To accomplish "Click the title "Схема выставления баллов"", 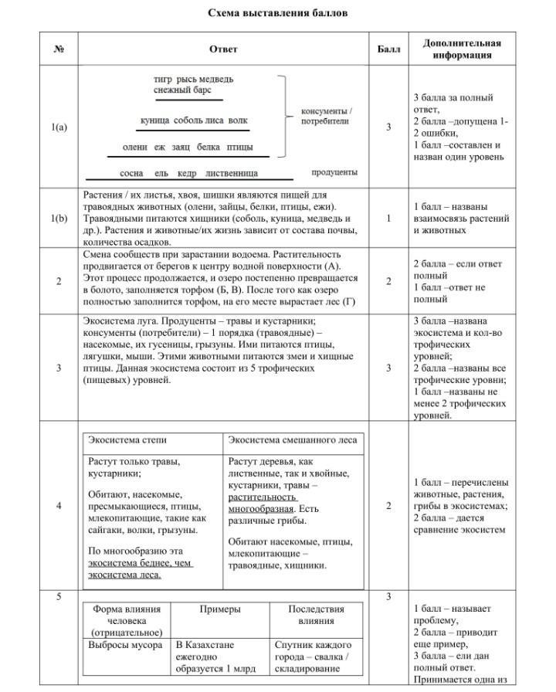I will (277, 13).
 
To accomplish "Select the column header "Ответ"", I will (223, 49).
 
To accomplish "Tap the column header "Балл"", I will (388, 49).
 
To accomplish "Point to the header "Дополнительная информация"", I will (462, 49).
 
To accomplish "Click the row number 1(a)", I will (59, 127).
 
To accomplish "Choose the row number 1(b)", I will (59, 219).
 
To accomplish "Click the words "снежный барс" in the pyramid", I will (177, 90).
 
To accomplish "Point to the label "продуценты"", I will (334, 172).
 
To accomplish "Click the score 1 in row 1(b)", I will (388, 219).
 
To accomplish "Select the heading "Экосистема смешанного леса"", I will (293, 440).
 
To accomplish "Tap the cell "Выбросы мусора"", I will (126, 645).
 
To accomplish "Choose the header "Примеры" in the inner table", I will (220, 609).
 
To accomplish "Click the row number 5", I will (59, 596).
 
